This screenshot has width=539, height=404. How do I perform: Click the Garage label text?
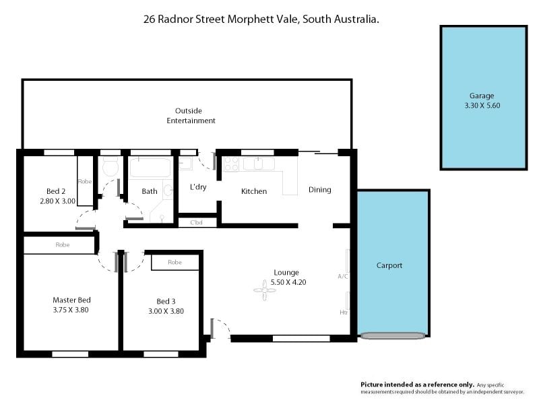[x=482, y=96]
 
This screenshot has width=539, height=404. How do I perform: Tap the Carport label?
[x=389, y=265]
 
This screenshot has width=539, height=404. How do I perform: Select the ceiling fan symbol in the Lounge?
[x=265, y=290]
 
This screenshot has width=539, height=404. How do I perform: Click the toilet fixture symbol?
[x=110, y=166]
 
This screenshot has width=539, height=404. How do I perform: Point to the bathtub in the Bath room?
[x=150, y=168]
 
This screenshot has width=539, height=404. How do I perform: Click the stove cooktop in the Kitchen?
[x=231, y=164]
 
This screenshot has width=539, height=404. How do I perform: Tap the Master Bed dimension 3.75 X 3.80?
[x=71, y=310]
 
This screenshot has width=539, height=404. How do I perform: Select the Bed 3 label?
[x=166, y=301]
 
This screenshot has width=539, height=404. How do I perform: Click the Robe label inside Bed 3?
[x=175, y=262]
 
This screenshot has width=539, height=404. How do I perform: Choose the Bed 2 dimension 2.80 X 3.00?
[x=57, y=201]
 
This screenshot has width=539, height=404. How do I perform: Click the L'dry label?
[x=198, y=187]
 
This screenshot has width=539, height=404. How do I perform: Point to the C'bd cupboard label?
[x=196, y=223]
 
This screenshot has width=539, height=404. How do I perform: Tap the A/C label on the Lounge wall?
[x=343, y=276]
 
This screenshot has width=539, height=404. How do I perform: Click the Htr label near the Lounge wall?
[x=344, y=312]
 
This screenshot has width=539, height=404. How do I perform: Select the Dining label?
[x=319, y=190]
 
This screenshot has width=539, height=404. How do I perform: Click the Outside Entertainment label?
[x=191, y=116]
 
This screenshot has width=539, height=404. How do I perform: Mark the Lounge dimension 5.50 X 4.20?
[x=288, y=282]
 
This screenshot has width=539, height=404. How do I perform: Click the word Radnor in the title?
[x=175, y=20]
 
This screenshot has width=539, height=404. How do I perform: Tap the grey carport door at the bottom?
[x=393, y=335]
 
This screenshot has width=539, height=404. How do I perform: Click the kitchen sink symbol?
[x=259, y=164]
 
